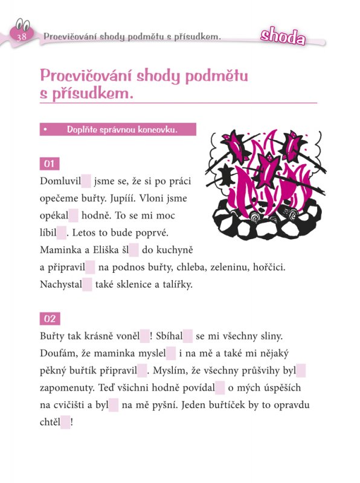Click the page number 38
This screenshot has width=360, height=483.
click(22, 37)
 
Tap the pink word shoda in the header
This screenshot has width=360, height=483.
click(282, 36)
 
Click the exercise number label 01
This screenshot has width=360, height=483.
click(50, 164)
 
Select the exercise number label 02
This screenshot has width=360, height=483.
click(50, 319)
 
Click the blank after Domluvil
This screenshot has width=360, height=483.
click(86, 181)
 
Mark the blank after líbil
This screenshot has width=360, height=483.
click(61, 232)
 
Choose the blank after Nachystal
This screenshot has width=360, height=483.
click(87, 284)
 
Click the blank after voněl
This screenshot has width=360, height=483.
click(144, 336)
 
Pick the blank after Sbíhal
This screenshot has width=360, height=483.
click(188, 336)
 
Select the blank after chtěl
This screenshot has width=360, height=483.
click(65, 423)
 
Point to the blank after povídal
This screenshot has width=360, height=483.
click(220, 388)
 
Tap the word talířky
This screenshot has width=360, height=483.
click(175, 284)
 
